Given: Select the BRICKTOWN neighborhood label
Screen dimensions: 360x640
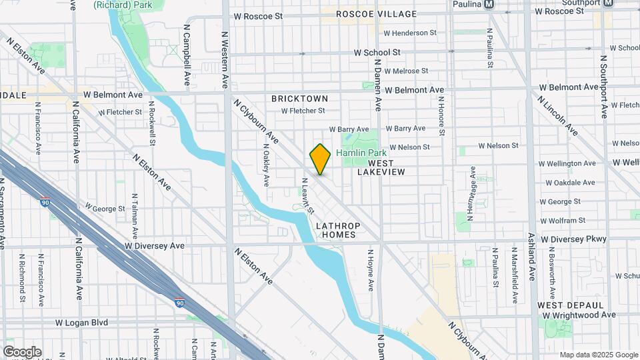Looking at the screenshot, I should click(299, 99).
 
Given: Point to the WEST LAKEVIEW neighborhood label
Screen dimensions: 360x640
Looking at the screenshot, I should click(381, 167).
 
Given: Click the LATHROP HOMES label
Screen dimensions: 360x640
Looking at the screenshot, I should click(338, 231).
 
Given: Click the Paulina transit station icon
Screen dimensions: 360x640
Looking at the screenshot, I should click(490, 3).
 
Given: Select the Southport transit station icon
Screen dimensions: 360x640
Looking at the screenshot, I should click(608, 3).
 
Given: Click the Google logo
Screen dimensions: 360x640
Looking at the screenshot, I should click(22, 352).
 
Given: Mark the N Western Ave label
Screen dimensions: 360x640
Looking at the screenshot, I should click(225, 61).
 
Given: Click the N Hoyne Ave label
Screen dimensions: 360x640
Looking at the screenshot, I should click(371, 270).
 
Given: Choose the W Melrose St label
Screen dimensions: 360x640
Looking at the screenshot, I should click(401, 71).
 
